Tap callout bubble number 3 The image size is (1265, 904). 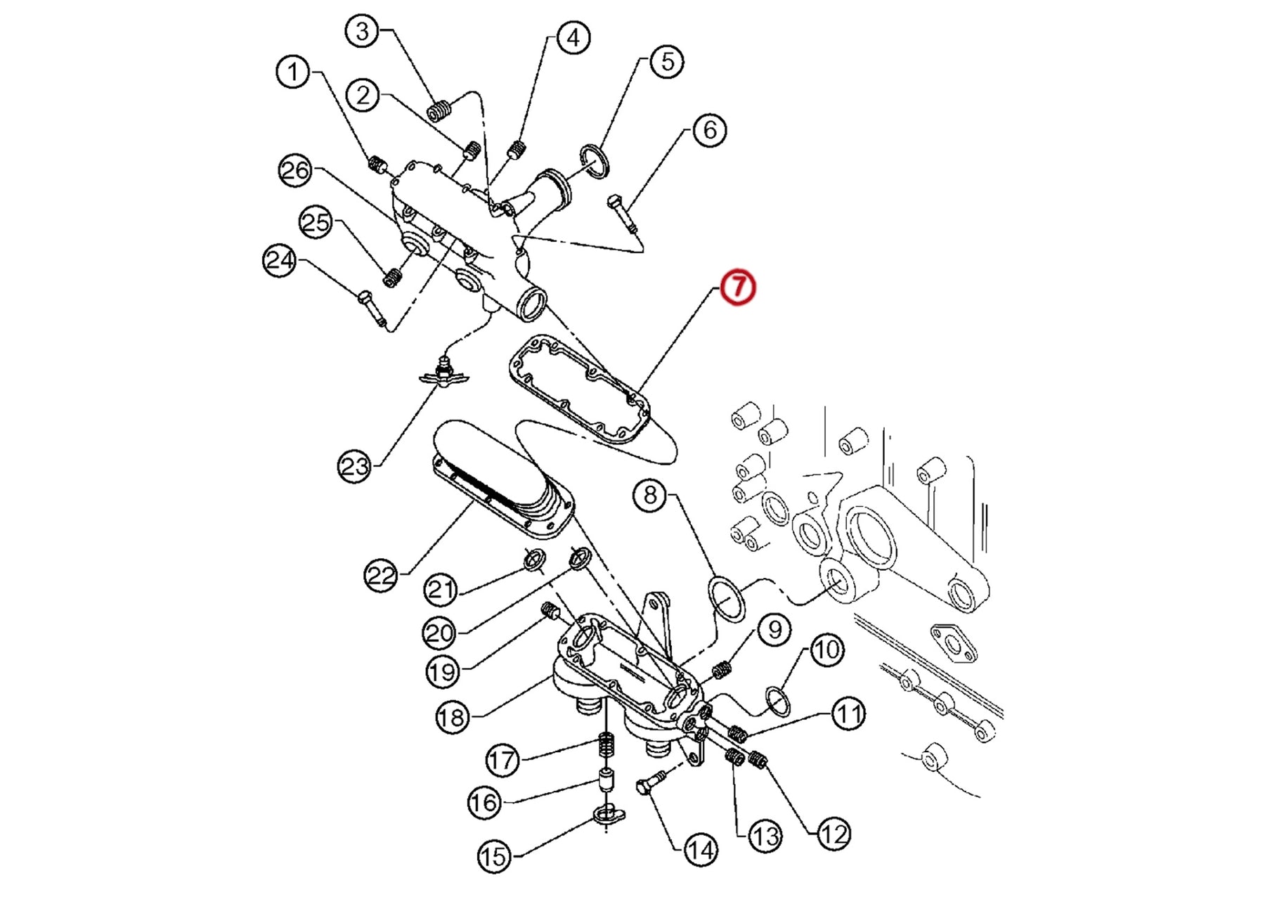coord(362,32)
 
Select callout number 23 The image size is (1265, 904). coord(354,465)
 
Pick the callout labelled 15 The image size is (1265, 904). coord(494,856)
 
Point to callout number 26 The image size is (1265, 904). coord(295,171)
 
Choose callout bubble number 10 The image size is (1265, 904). coord(826,650)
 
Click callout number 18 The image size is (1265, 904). coord(451,717)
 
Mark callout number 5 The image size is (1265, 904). coord(666,62)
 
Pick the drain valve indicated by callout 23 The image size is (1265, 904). coord(443,372)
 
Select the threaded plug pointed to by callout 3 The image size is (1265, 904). coord(439,110)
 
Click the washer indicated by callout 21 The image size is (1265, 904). coord(535,560)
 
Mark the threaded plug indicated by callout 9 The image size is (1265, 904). coord(722,670)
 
